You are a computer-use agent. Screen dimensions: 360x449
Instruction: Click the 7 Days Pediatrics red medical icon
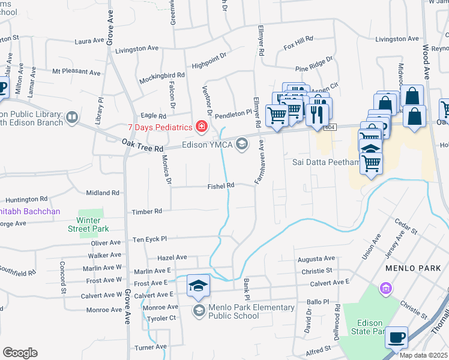(x=202, y=127)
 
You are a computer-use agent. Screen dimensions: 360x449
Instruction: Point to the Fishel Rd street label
(x=221, y=186)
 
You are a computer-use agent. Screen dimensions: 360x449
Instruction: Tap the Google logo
(x=19, y=353)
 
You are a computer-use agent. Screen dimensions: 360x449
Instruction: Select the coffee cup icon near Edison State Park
(x=397, y=337)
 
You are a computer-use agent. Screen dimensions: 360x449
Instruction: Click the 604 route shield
(x=329, y=128)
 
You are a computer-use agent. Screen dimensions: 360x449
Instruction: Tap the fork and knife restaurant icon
(x=317, y=112)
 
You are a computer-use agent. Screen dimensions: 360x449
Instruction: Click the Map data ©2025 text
(x=423, y=355)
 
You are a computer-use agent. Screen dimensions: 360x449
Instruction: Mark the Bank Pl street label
(x=246, y=289)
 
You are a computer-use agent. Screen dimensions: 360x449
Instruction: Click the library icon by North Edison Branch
(x=72, y=116)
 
